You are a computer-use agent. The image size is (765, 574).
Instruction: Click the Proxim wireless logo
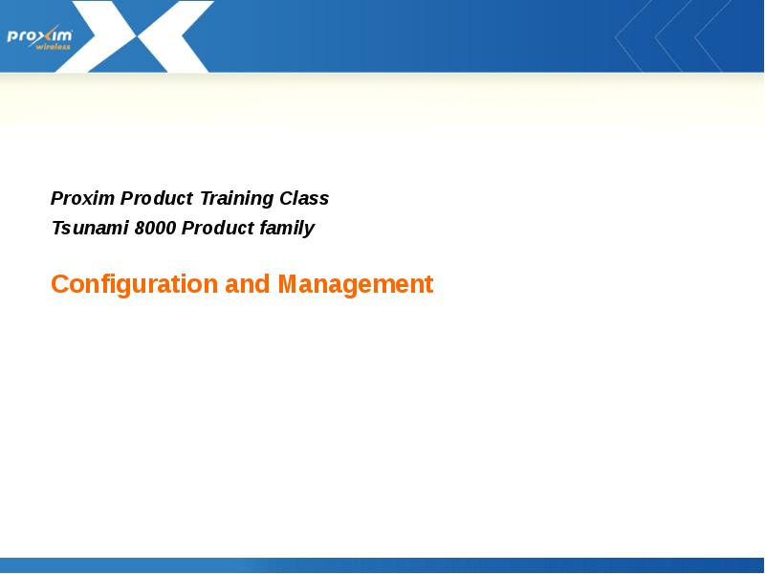pos(39,36)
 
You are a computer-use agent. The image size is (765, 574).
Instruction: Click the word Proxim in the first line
pos(83,199)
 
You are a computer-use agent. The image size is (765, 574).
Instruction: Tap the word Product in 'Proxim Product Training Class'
pos(157,199)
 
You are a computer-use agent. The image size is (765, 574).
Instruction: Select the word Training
pos(236,199)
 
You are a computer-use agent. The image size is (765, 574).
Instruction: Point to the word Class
pos(304,199)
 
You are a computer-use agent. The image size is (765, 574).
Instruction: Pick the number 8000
pos(155,229)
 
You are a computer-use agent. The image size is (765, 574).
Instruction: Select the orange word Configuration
pos(134,285)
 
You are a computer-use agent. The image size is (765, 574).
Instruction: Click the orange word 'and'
pos(248,285)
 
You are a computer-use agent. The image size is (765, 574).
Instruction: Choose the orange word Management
pos(355,285)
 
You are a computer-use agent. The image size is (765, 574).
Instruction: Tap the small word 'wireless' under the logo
pos(53,46)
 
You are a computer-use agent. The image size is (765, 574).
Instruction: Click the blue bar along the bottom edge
pos(382,565)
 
